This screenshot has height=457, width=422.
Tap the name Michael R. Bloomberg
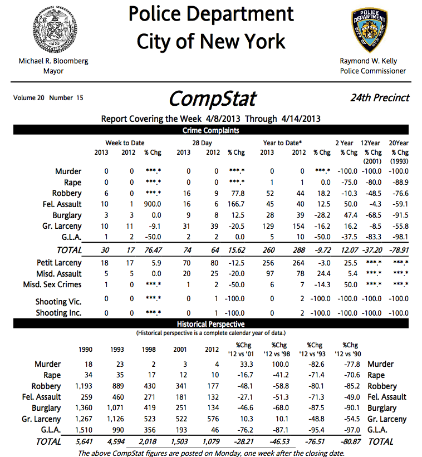pyautogui.click(x=53, y=61)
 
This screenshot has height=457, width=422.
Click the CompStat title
pyautogui.click(x=212, y=99)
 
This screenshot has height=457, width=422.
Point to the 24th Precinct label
pyautogui.click(x=380, y=98)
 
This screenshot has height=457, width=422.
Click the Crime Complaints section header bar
pyautogui.click(x=211, y=130)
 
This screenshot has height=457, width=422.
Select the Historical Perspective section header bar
pyautogui.click(x=211, y=323)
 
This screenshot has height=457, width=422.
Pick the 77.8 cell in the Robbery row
pyautogui.click(x=238, y=193)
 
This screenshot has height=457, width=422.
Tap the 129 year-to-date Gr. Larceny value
pyautogui.click(x=268, y=226)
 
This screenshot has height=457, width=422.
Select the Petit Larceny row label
pyautogui.click(x=59, y=263)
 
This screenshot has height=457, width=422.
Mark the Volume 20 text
pyautogui.click(x=29, y=98)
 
